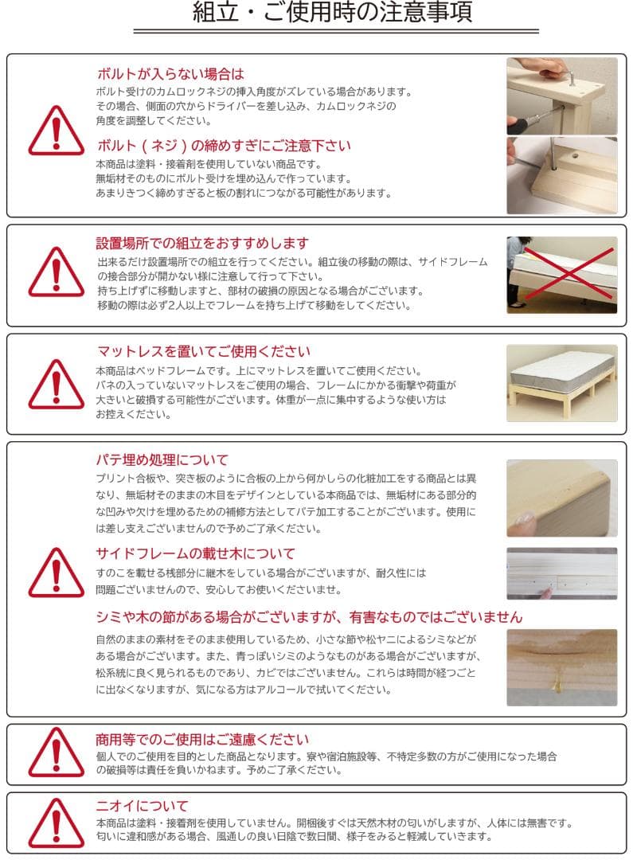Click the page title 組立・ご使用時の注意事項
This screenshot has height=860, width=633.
point(333,14)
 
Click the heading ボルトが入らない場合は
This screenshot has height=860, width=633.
point(170,74)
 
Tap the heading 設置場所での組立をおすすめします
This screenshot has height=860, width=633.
point(202,243)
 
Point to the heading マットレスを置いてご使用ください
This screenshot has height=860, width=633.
point(203,351)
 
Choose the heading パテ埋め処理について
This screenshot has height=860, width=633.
point(162,459)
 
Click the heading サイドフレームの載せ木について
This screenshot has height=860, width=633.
point(195,553)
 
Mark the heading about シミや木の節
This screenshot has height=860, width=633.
point(309,617)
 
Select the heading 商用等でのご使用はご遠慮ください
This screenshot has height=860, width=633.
point(202,740)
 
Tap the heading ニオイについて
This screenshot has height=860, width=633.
point(142,805)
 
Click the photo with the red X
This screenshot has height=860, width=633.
point(561,275)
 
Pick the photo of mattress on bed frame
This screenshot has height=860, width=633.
point(561,383)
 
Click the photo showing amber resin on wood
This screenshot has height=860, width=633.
point(561,667)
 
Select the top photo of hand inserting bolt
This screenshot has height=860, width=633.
point(561,96)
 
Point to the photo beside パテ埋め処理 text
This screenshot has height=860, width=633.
point(561,498)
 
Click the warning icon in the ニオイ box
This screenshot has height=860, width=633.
point(56,823)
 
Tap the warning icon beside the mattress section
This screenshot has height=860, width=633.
point(56,385)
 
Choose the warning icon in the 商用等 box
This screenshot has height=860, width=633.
point(56,752)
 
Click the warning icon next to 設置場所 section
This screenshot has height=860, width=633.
point(56,273)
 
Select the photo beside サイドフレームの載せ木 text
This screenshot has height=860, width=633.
point(561,573)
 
